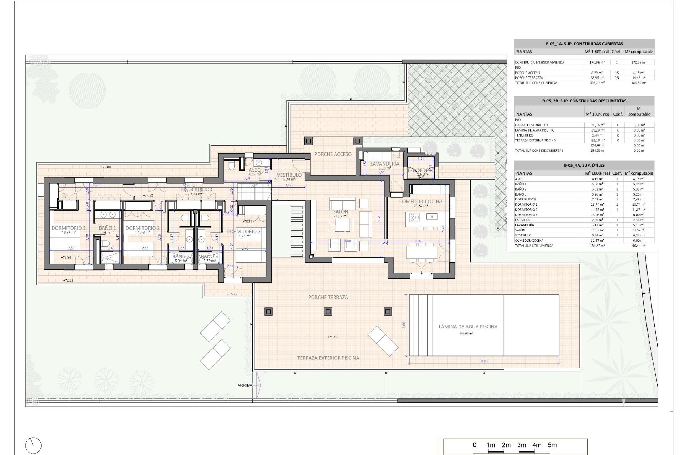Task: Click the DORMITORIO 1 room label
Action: [x=69, y=228]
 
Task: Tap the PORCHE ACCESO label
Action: [x=333, y=154]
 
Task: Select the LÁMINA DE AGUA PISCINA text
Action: [x=468, y=326]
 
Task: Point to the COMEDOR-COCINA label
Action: [x=421, y=201]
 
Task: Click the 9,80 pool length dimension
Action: [x=484, y=361]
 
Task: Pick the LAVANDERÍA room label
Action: [x=384, y=164]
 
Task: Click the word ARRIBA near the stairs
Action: [x=245, y=385]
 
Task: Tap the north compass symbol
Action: [x=33, y=445]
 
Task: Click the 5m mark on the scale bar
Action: [x=552, y=445]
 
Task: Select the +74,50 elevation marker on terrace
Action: [x=332, y=337]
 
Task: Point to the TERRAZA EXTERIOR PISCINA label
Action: [x=328, y=358]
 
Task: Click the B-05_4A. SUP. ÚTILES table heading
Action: [x=584, y=165]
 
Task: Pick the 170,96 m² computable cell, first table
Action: [x=639, y=63]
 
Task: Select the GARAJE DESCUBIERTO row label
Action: [x=531, y=125]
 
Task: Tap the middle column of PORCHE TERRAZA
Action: [x=328, y=312]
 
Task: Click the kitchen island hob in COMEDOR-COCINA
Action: [x=415, y=217]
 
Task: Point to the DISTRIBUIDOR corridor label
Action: [x=196, y=189]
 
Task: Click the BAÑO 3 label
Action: [x=209, y=256]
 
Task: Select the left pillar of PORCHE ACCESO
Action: [x=308, y=141]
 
